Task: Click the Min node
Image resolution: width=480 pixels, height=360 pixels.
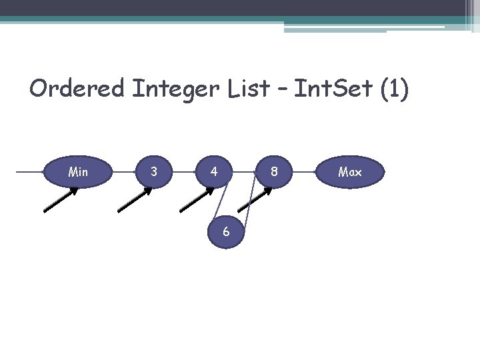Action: pos(78,172)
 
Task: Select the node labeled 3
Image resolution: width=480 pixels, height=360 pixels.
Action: pos(154,172)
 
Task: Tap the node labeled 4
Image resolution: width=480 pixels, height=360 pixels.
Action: pos(213,172)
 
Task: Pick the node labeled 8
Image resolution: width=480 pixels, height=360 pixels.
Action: pos(273,172)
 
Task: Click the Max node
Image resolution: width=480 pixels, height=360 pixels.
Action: pos(350,172)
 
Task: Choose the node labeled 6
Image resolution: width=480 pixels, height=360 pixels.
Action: pos(227,231)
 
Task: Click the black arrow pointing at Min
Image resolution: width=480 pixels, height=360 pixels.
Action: pos(61,199)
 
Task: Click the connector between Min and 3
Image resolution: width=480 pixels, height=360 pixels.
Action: pos(117,172)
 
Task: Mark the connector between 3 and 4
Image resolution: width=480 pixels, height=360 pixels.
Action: pos(183,172)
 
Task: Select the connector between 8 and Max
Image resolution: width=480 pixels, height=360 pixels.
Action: pos(309,172)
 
